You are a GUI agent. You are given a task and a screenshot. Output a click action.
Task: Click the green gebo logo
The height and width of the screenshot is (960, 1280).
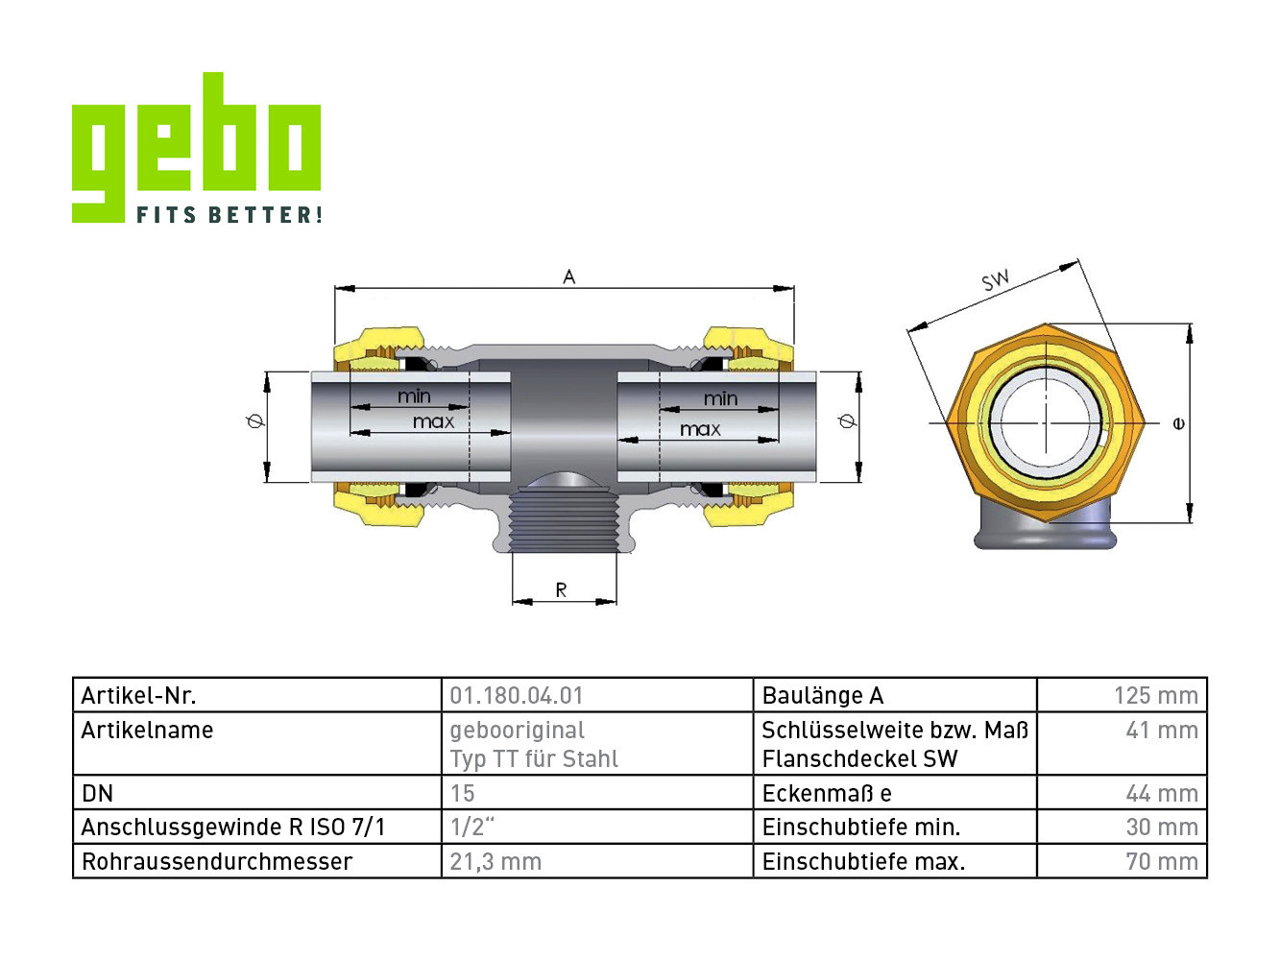click(x=196, y=147)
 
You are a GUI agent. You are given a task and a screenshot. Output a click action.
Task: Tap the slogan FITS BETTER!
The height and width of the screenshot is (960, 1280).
click(x=229, y=214)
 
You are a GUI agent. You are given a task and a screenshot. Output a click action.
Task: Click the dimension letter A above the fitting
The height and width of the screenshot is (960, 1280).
click(x=569, y=276)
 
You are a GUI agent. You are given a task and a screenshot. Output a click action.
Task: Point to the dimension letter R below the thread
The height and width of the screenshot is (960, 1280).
click(x=561, y=590)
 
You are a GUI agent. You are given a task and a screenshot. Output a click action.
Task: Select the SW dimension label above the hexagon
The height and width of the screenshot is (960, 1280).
click(x=995, y=279)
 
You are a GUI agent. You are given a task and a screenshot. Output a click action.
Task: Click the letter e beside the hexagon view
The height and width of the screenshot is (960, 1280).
click(x=1178, y=423)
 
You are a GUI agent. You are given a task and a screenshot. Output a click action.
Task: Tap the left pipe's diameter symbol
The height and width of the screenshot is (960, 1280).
click(x=254, y=420)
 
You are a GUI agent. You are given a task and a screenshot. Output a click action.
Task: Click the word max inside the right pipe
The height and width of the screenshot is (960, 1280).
click(x=700, y=429)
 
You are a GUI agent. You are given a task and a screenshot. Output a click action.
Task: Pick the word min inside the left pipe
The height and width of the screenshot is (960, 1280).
click(x=414, y=396)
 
